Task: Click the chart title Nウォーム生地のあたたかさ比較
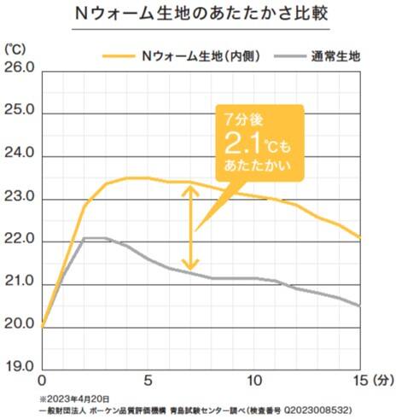click(210, 15)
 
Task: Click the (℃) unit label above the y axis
click(15, 48)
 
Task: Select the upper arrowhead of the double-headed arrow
click(191, 189)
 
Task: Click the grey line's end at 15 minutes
click(361, 306)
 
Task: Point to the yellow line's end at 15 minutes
click(361, 237)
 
